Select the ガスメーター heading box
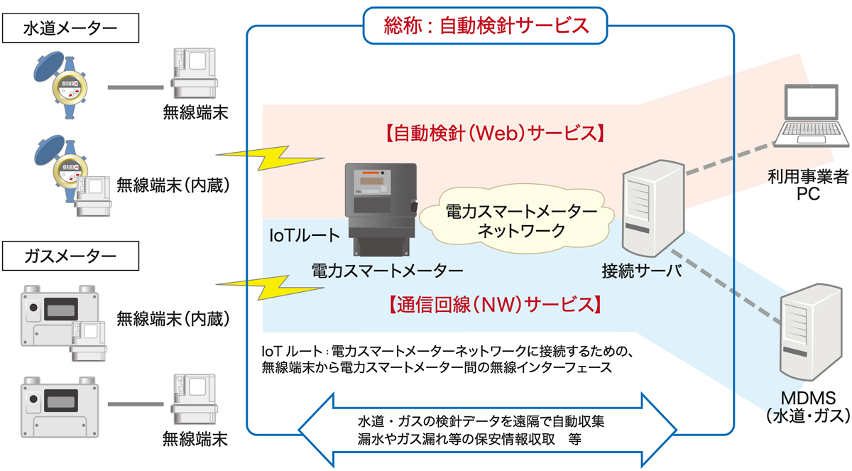click(x=70, y=254)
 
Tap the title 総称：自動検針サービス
click(x=485, y=26)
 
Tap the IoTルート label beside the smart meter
click(x=305, y=234)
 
